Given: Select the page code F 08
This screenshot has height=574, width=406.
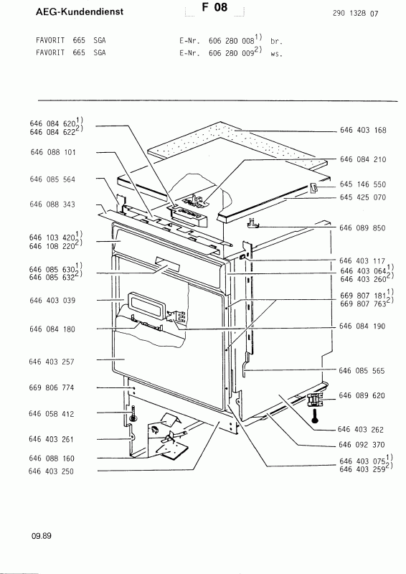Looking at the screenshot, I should click(x=213, y=11).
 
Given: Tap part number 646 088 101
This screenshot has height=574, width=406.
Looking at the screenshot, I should click(x=54, y=152).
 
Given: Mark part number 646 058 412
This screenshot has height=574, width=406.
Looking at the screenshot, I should click(x=54, y=414).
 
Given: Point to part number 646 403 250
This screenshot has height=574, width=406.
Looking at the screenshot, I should click(x=54, y=471).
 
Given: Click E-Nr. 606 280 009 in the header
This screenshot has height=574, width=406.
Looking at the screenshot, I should click(x=222, y=53).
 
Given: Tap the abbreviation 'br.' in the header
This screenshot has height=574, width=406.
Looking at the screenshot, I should click(x=275, y=42).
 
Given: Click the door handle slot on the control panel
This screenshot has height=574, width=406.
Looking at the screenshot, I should click(x=169, y=268).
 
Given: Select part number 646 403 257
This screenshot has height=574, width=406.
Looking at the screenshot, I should click(x=54, y=362).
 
